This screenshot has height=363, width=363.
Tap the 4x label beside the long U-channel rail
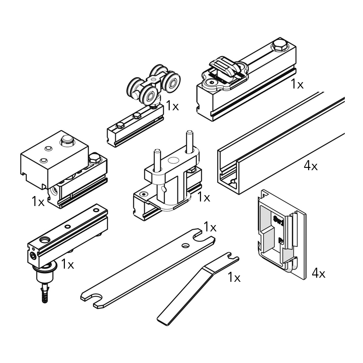311,166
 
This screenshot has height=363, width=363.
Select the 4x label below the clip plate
319,273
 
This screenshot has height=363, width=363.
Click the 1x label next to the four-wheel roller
172,106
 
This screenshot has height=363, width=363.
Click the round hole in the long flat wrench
186,245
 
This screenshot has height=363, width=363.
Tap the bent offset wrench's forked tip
231,257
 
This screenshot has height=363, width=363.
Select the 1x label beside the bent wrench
234,277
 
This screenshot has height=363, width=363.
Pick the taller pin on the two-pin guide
190,142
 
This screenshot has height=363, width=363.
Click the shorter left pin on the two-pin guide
157,160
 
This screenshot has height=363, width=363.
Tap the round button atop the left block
67,140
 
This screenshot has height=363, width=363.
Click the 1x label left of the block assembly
38,201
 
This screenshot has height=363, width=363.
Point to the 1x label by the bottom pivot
67,264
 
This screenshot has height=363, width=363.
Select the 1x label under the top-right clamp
297,84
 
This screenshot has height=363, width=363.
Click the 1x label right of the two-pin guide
204,197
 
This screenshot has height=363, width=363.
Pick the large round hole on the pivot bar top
44,240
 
